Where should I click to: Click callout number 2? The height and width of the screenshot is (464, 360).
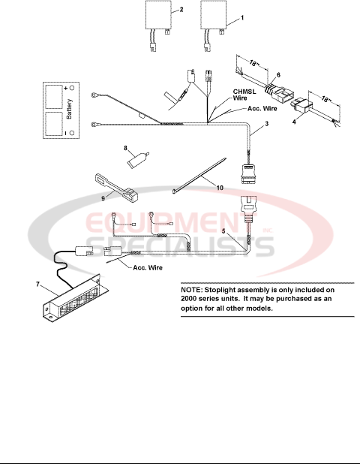tap(180, 10)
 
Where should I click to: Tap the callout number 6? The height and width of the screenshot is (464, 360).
tap(277, 75)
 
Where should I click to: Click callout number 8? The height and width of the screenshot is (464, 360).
tap(127, 149)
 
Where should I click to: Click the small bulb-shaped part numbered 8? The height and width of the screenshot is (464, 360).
tap(136, 159)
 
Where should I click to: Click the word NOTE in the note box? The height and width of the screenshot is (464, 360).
tap(193, 289)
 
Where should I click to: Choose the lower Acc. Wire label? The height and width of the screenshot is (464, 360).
tap(148, 267)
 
